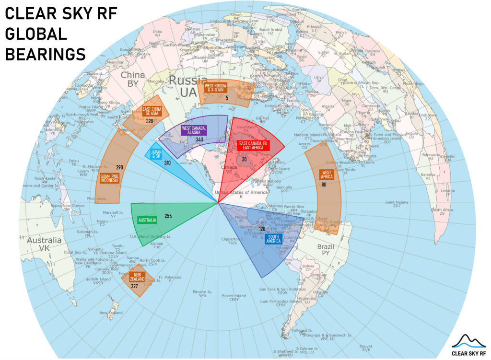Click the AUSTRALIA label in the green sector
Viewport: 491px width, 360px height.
(147, 221)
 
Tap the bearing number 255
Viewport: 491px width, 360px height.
(168, 216)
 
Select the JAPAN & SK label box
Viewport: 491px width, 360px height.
(156, 154)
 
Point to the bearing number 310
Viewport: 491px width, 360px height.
(167, 163)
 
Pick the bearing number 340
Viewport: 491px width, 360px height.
(199, 139)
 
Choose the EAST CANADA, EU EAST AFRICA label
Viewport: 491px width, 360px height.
(254, 146)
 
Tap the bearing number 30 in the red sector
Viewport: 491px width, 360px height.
(245, 160)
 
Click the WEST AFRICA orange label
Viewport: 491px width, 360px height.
(327, 174)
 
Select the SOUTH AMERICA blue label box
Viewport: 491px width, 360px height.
(274, 239)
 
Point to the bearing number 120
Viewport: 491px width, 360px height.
(262, 229)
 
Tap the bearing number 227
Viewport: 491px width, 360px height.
(135, 286)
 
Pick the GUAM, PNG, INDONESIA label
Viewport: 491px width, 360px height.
(110, 181)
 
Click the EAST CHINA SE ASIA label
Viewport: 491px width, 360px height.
(153, 112)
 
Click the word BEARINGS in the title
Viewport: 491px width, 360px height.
(46, 54)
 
